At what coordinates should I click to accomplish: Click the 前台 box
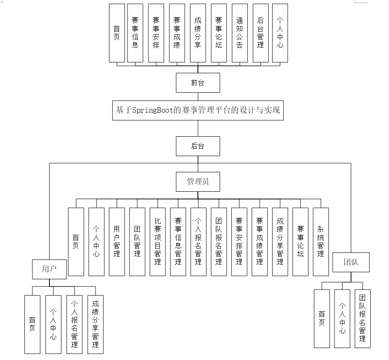[198, 83]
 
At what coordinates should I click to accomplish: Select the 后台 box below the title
[198, 146]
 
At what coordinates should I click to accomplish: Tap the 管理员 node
[198, 181]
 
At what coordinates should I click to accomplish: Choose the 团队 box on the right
[351, 262]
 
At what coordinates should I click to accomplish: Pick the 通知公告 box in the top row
[239, 33]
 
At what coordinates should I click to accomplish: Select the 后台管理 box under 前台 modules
[260, 33]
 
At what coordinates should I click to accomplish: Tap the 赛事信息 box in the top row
[135, 33]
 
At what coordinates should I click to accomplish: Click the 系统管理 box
[321, 241]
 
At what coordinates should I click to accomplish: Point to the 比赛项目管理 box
[157, 241]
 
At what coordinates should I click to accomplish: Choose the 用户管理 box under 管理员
[116, 241]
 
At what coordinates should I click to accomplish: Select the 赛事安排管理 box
[239, 241]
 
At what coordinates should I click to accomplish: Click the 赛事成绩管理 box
[259, 241]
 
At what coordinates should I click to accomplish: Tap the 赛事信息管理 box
[178, 241]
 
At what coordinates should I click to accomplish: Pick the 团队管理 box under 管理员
[137, 241]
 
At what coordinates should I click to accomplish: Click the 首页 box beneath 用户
[32, 324]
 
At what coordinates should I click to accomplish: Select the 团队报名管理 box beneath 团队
[363, 318]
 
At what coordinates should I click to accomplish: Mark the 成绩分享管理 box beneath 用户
[96, 324]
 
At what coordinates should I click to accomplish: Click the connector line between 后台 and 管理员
[198, 165]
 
